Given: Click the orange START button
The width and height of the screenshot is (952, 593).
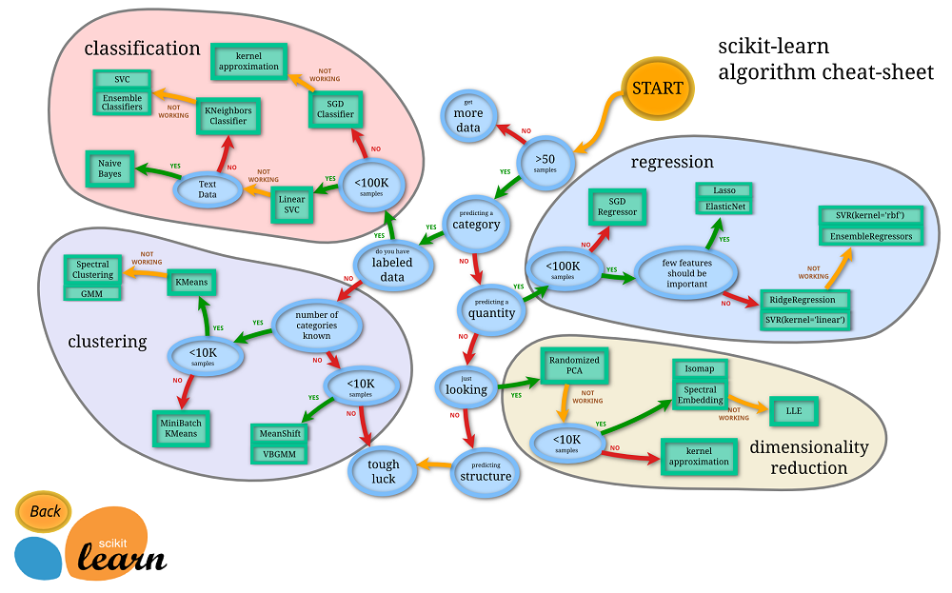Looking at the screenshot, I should [x=658, y=89].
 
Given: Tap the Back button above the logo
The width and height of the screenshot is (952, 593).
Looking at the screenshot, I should [x=44, y=511].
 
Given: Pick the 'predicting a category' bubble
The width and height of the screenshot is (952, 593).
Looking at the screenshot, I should [x=476, y=225].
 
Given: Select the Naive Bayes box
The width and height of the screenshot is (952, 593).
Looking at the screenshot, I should [x=109, y=168].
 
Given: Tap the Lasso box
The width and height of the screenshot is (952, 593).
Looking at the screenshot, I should [x=724, y=190].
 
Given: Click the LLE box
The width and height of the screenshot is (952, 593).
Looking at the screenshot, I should [x=793, y=410].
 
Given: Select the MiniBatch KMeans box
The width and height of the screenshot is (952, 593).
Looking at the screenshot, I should [x=182, y=427].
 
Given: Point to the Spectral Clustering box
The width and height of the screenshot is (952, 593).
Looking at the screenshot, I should [x=93, y=269].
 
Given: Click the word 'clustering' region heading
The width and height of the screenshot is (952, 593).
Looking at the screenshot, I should [x=108, y=341].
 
